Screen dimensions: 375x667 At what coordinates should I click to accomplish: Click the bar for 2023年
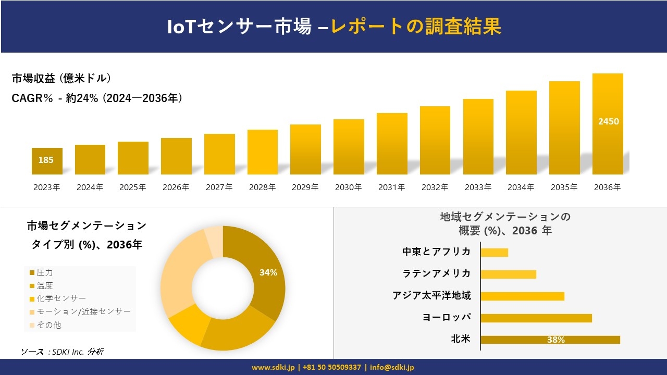47,161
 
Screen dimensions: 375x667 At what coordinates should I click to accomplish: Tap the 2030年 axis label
348,187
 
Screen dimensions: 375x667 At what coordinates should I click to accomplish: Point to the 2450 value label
608,121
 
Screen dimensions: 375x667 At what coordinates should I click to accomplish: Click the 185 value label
46,160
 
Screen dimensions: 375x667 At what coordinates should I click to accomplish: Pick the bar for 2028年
262,152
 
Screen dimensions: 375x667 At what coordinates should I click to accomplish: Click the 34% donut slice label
268,272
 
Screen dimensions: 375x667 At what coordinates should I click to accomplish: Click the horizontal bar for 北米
550,340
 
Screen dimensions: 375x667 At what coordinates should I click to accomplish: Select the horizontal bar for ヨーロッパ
536,318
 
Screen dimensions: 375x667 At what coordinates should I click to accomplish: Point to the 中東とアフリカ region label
436,252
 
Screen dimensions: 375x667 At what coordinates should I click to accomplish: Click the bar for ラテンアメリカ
508,274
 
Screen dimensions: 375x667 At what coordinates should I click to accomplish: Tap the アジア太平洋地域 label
431,296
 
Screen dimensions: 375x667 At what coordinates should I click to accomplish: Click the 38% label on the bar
555,340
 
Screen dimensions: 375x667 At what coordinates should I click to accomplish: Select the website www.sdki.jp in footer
273,367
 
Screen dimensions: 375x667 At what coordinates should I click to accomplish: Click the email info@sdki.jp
392,367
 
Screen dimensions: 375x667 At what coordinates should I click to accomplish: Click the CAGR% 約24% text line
97,98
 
